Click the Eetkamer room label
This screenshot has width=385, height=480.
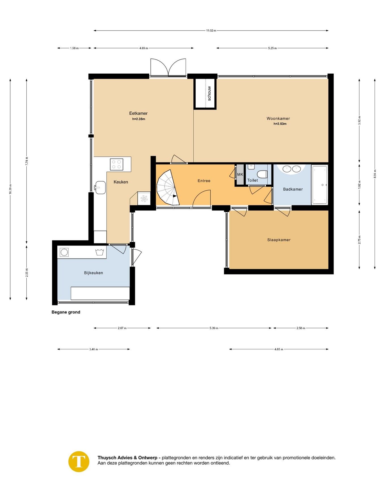point(138,113)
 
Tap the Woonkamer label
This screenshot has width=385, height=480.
point(278,118)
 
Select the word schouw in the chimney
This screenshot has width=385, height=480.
point(209,93)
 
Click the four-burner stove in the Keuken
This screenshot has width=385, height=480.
point(117,164)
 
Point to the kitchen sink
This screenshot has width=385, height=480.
point(100,187)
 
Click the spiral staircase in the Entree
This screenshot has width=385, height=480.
point(168,187)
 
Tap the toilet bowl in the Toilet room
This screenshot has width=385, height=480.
point(262,174)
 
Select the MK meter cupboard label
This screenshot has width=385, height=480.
point(240,174)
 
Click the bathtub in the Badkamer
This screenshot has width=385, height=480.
point(320,185)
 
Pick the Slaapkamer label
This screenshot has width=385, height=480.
point(279,240)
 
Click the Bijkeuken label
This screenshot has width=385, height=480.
point(94,273)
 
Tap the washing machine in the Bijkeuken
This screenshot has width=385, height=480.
point(64,252)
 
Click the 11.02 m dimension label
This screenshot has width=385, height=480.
point(211,31)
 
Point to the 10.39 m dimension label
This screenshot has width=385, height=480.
point(10,189)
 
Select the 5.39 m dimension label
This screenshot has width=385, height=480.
point(214,328)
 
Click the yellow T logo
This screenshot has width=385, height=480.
point(79,461)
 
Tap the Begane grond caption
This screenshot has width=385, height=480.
point(66,312)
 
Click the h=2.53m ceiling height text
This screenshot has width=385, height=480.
point(280,124)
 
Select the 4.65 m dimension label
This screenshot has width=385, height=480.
point(279,349)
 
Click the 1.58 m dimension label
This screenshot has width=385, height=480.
point(74,48)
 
